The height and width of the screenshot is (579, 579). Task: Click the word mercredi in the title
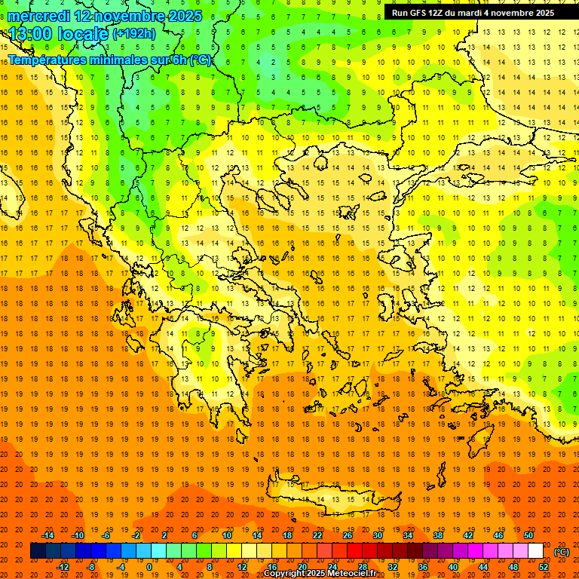(40, 15)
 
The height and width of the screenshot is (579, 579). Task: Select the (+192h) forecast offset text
(133, 33)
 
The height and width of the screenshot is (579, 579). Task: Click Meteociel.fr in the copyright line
(352, 574)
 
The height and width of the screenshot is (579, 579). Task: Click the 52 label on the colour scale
(544, 568)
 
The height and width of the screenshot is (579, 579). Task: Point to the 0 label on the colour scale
(149, 568)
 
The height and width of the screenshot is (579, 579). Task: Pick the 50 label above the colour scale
(528, 535)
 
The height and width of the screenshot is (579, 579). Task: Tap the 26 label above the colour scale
(348, 535)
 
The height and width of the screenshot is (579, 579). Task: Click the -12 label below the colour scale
(63, 568)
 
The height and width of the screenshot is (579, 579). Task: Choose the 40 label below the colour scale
(453, 568)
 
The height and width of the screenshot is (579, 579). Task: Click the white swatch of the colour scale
(535, 551)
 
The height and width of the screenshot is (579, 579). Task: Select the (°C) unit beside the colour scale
(562, 552)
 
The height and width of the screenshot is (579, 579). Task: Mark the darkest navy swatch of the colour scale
(38, 551)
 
